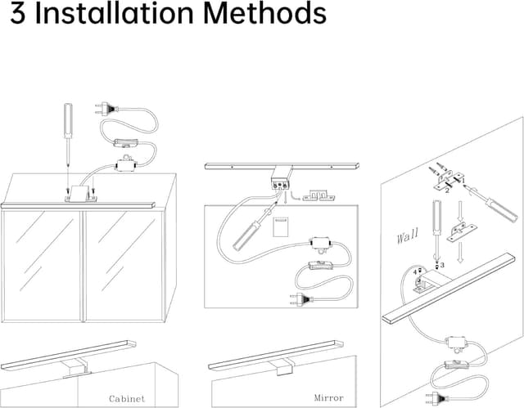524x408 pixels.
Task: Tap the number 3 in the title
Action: point(14,15)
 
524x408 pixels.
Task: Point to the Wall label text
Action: point(407,237)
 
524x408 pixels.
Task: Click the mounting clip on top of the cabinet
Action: point(80,194)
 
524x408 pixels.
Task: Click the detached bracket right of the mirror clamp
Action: point(321,195)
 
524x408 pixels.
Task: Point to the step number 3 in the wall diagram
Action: point(442,267)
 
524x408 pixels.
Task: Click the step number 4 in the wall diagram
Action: point(418,271)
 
